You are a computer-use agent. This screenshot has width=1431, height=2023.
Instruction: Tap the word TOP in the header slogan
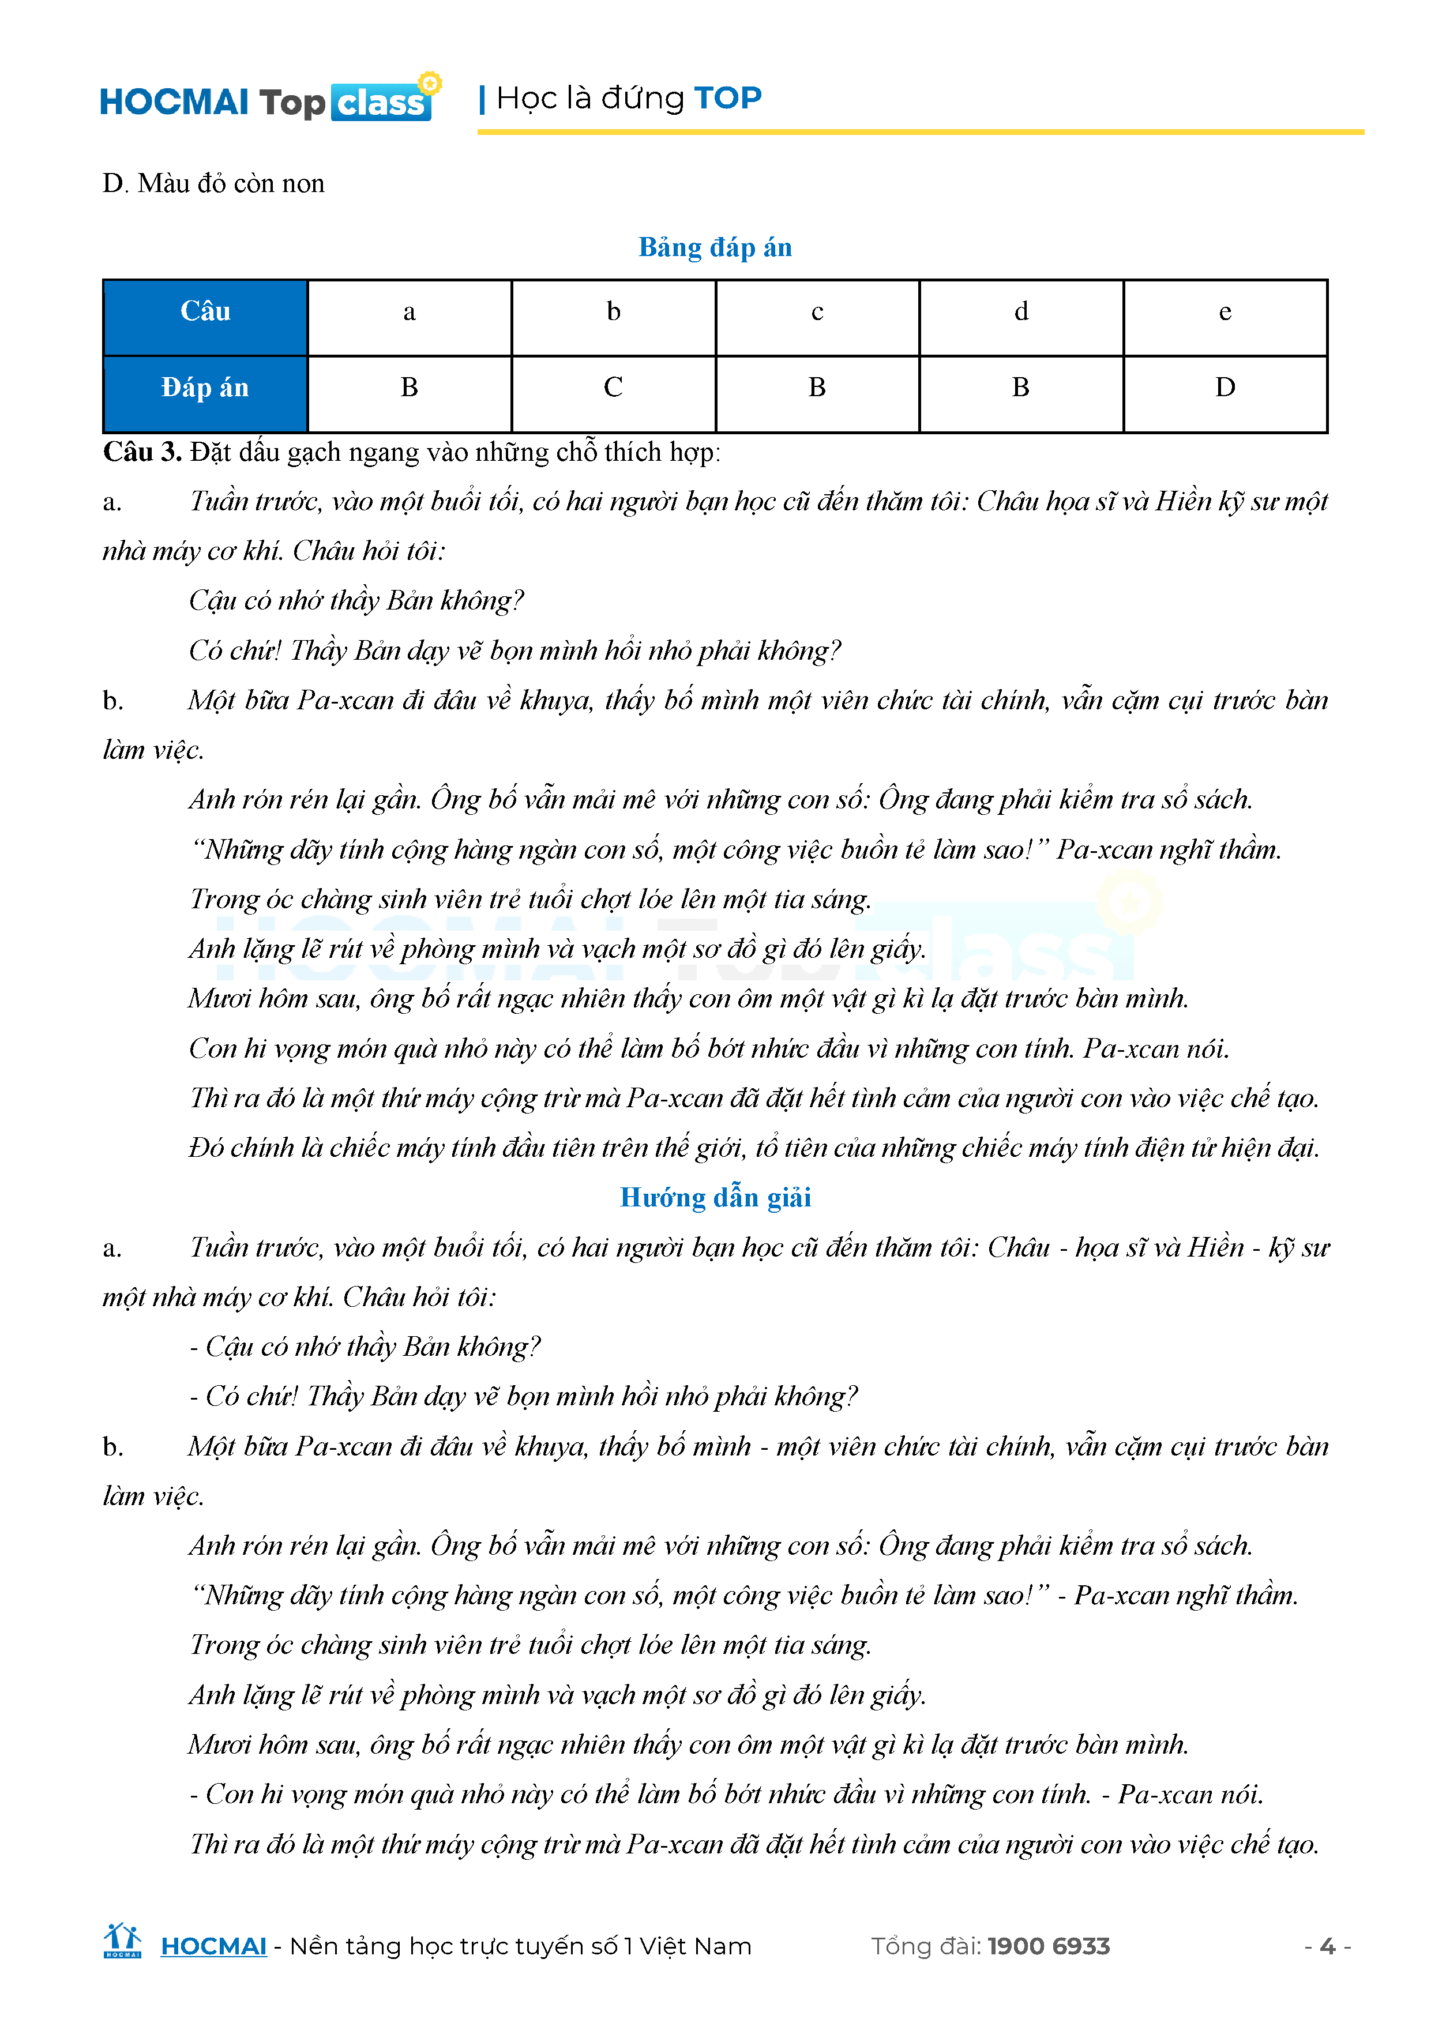[727, 98]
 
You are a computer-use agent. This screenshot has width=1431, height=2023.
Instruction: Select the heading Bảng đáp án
[715, 247]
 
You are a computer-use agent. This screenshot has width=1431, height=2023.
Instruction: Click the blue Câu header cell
[205, 312]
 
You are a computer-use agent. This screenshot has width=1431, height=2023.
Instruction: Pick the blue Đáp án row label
[205, 388]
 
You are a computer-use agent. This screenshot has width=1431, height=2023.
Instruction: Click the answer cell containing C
[613, 388]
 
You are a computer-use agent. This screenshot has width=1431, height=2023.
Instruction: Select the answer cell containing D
[1225, 388]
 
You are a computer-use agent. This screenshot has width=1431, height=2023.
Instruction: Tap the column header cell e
[1225, 312]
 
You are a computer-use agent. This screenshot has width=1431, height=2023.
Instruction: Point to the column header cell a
[409, 312]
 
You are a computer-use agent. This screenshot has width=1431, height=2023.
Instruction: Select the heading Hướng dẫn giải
[715, 1197]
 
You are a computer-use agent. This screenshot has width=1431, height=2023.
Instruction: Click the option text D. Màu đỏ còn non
[213, 183]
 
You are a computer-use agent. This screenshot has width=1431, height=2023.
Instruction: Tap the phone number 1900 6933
[1049, 1946]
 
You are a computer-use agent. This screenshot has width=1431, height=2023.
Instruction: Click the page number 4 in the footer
[1327, 1946]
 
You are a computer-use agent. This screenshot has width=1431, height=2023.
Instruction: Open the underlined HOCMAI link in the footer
[213, 1946]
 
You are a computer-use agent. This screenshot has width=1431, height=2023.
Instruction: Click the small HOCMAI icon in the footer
[122, 1941]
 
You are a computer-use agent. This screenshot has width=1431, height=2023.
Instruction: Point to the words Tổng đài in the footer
[925, 1946]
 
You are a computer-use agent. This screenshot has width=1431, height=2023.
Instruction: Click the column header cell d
[1021, 312]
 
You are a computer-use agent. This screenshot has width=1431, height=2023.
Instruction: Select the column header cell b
[613, 312]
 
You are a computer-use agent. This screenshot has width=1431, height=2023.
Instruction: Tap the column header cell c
[817, 312]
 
